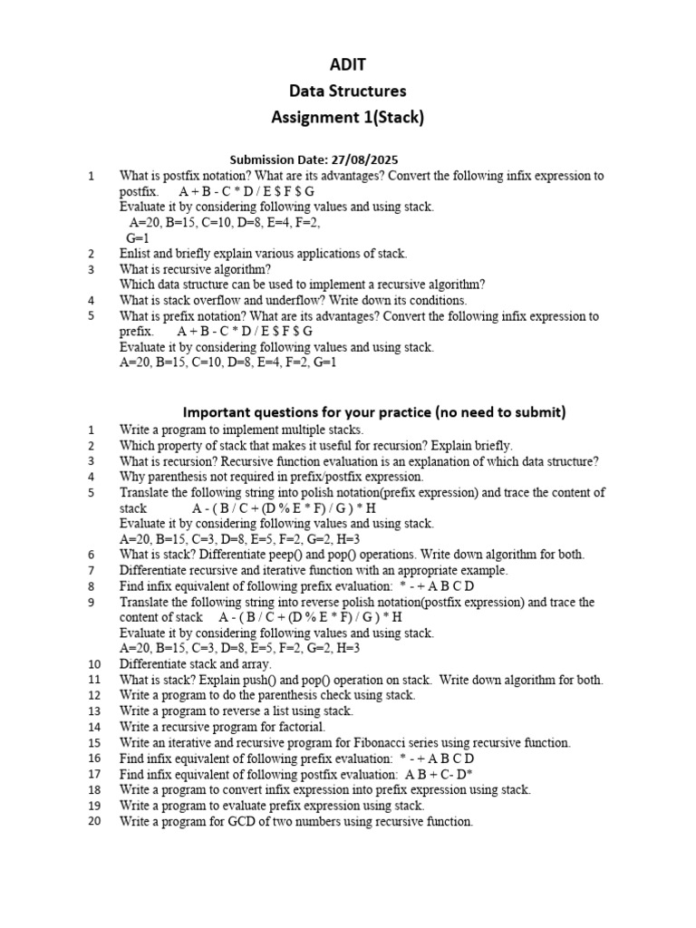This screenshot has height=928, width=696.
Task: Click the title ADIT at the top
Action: tap(347, 63)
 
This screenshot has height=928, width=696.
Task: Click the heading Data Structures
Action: tap(347, 91)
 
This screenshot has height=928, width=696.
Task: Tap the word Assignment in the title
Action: tap(314, 117)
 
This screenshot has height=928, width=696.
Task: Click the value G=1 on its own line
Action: tap(137, 237)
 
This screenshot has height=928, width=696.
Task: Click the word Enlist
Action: tap(137, 254)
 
